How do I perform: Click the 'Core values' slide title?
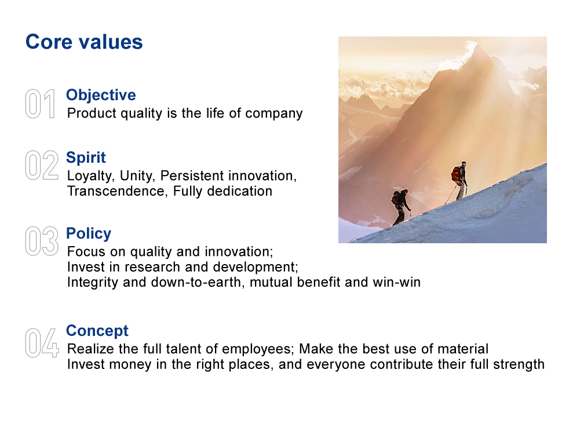[84, 42]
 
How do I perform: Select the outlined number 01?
[40, 104]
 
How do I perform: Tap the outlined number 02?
[42, 165]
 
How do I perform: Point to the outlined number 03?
[42, 241]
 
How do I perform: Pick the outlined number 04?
[42, 343]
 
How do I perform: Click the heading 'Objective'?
[101, 95]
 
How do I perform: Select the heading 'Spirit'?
[86, 158]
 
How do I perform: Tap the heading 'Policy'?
[89, 233]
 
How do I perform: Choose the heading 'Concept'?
[97, 331]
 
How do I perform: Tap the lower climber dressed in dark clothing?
[401, 207]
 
